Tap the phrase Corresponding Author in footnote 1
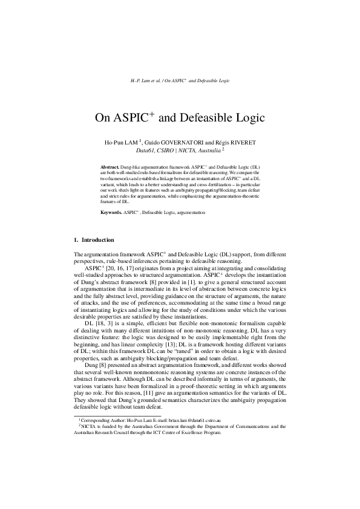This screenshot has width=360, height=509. (x=102, y=419)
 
